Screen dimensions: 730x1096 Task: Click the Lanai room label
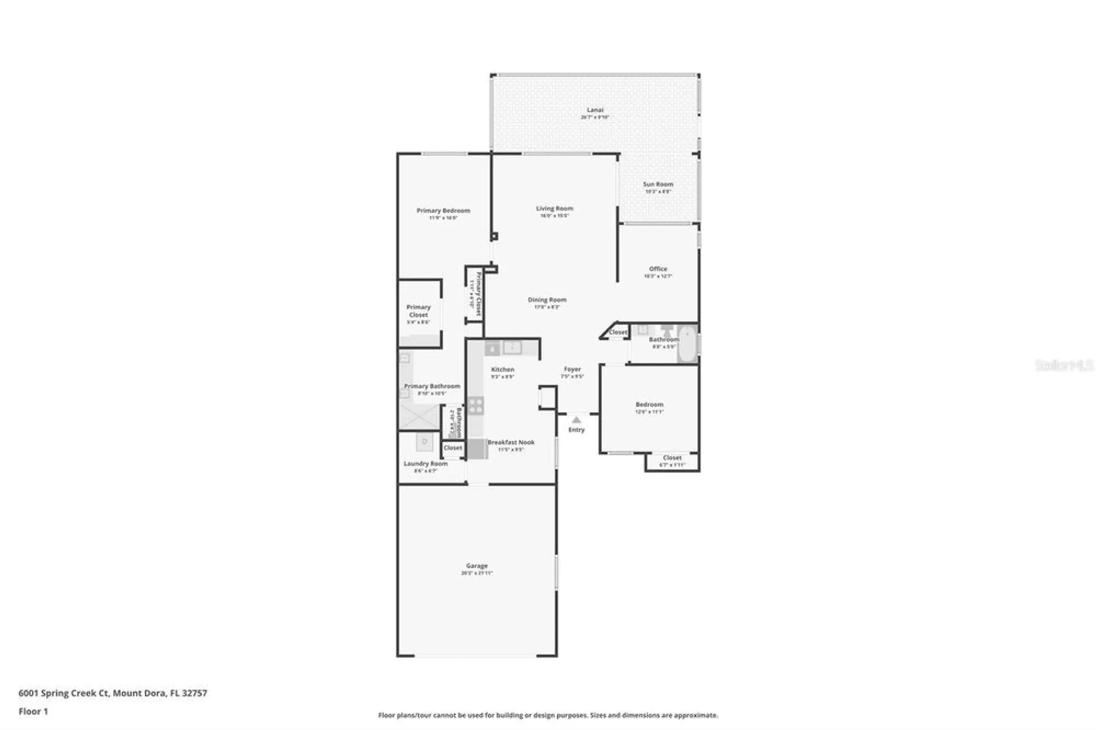[595, 110]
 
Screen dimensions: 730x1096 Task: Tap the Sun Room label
[658, 185]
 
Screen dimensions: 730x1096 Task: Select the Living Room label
[555, 209]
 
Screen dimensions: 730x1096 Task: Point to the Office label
[658, 269]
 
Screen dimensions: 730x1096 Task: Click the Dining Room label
[547, 300]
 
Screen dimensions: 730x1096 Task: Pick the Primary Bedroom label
[443, 210]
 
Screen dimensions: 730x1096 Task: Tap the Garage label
[477, 566]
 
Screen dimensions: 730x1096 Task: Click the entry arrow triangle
[576, 420]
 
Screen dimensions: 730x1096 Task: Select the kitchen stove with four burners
[476, 406]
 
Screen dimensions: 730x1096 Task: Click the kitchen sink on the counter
[512, 347]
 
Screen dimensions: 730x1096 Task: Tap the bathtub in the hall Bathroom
[687, 344]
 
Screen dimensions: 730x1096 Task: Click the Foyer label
[572, 369]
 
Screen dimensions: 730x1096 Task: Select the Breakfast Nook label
[511, 442]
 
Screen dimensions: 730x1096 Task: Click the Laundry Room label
[425, 464]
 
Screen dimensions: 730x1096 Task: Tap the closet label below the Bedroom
[672, 458]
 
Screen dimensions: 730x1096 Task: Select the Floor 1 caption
[33, 711]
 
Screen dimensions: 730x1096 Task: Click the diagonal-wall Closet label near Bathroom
[618, 332]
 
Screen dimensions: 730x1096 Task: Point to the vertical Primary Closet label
[477, 294]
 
